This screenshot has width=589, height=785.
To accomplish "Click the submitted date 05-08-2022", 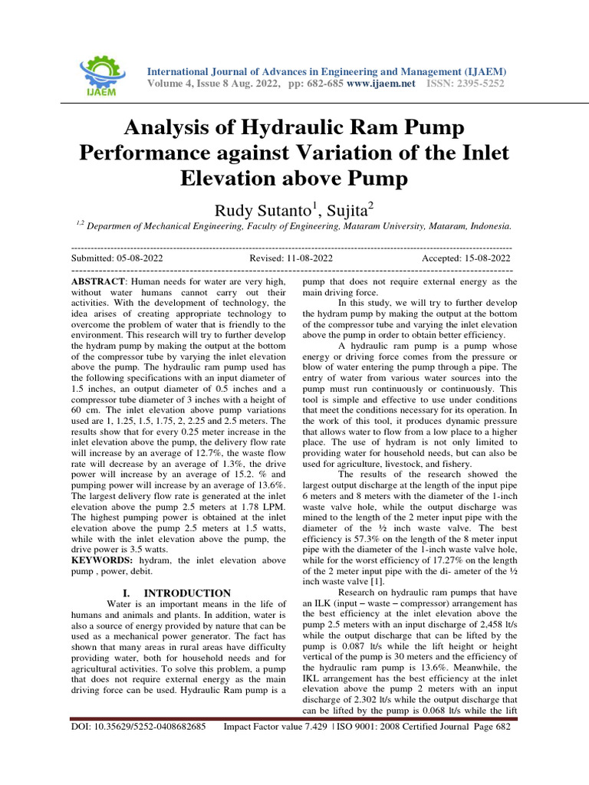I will click(x=136, y=259).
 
